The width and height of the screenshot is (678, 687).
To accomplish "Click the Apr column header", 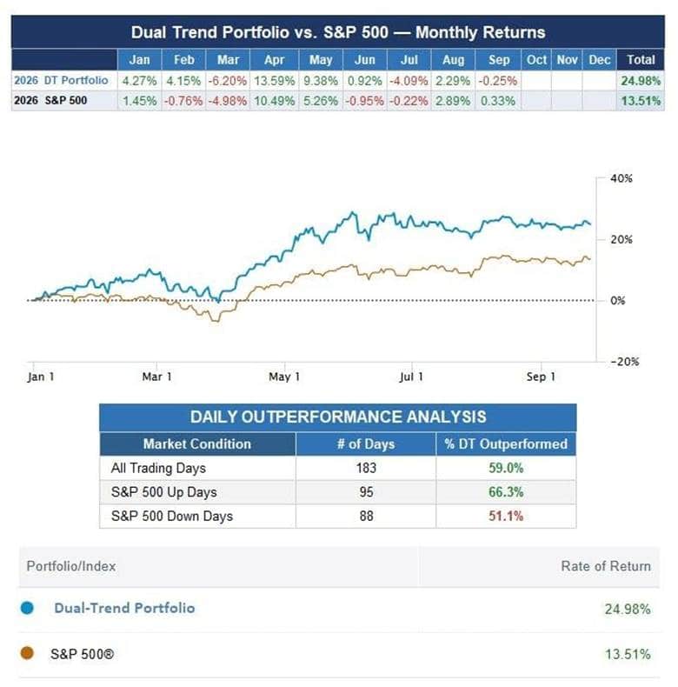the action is click(274, 60).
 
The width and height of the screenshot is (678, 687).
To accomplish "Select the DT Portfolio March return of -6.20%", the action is click(228, 81).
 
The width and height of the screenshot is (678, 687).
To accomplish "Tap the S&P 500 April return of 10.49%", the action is click(274, 101).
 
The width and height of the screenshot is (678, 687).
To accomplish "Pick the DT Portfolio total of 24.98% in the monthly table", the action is click(641, 81).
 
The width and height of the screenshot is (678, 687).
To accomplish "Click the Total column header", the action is click(641, 60).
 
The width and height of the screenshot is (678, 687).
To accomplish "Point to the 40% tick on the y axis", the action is click(621, 178).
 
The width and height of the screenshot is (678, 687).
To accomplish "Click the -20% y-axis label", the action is click(625, 362).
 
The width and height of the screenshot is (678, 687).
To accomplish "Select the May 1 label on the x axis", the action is click(284, 377).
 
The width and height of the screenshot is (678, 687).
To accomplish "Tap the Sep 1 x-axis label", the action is click(541, 377).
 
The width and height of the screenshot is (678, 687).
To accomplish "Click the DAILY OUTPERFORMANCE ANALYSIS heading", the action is click(338, 417).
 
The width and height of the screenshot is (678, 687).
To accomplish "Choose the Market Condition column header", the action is click(197, 444).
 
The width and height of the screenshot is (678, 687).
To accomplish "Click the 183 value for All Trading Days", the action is click(366, 468).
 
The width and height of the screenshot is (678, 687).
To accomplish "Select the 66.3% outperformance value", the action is click(506, 492).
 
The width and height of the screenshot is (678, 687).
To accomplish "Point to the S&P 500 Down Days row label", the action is click(172, 517).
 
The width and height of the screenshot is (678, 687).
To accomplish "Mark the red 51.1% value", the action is click(506, 516).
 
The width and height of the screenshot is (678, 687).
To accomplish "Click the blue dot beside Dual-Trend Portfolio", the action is click(27, 608).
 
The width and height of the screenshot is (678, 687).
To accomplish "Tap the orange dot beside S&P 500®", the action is click(27, 653).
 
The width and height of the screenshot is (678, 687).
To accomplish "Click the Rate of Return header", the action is click(606, 566).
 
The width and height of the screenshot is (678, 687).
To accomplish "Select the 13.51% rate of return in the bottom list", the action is click(628, 654).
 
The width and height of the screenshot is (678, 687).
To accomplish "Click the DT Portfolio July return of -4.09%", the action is click(409, 81).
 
